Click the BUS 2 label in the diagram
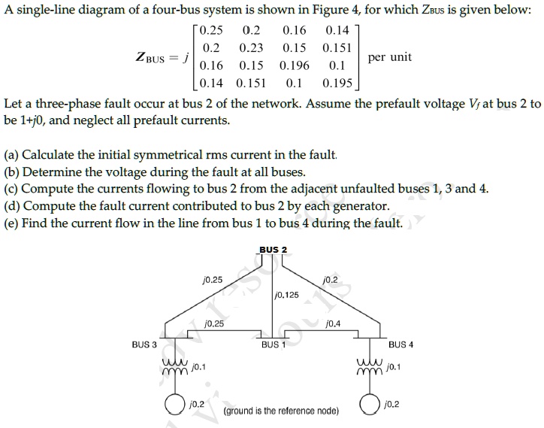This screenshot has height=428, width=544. click(x=273, y=250)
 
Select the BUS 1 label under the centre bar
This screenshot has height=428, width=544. click(x=274, y=345)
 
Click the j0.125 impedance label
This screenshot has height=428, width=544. click(x=287, y=294)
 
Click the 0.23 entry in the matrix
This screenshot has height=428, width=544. click(x=251, y=47)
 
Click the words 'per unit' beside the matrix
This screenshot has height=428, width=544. click(x=390, y=57)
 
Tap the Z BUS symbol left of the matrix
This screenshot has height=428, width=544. click(x=155, y=57)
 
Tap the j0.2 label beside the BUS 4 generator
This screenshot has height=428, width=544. click(x=391, y=404)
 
